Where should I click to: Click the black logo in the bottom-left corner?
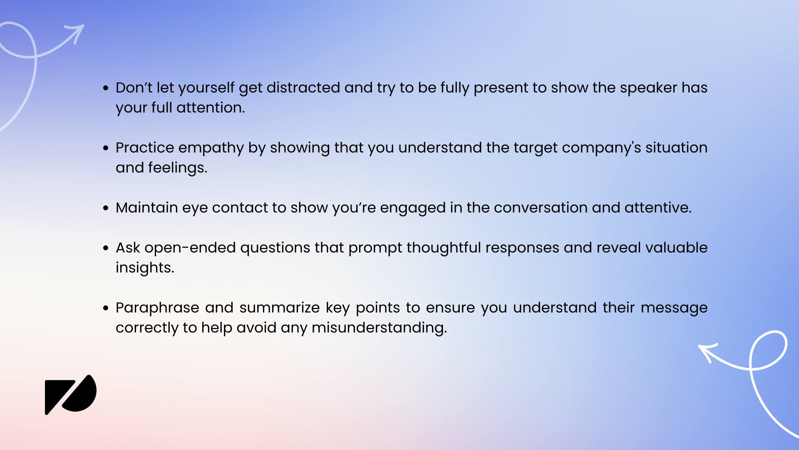pyautogui.click(x=70, y=394)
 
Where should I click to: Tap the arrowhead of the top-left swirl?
pyautogui.click(x=77, y=32)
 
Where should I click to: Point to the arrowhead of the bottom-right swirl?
pyautogui.click(x=707, y=350)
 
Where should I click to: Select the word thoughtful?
pyautogui.click(x=444, y=248)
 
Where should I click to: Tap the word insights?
pyautogui.click(x=144, y=268)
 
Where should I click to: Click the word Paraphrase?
pyautogui.click(x=157, y=308)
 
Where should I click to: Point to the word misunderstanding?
pyautogui.click(x=379, y=328)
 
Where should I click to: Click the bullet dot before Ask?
pyautogui.click(x=106, y=248)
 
